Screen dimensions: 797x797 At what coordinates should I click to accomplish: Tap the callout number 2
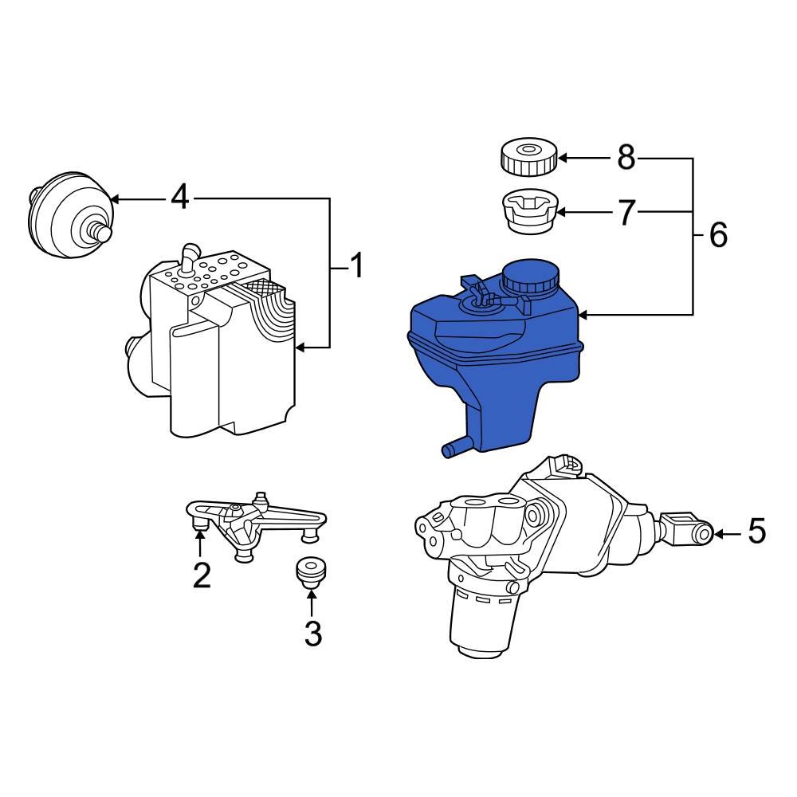tap(202, 574)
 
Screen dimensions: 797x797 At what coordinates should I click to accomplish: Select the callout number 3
tap(312, 634)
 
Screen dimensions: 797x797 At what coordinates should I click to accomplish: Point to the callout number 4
tap(181, 198)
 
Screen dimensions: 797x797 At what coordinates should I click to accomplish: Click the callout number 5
tap(756, 532)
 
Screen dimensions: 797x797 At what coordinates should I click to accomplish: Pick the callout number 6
tap(717, 236)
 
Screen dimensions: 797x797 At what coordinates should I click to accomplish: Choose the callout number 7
tap(626, 213)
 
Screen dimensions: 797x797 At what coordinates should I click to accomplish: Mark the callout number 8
tap(626, 158)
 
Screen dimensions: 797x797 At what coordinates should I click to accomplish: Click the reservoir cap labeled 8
tap(528, 156)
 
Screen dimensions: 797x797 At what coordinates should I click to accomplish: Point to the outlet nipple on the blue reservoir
tap(452, 450)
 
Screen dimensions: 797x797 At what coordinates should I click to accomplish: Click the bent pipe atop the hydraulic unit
tap(190, 259)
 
